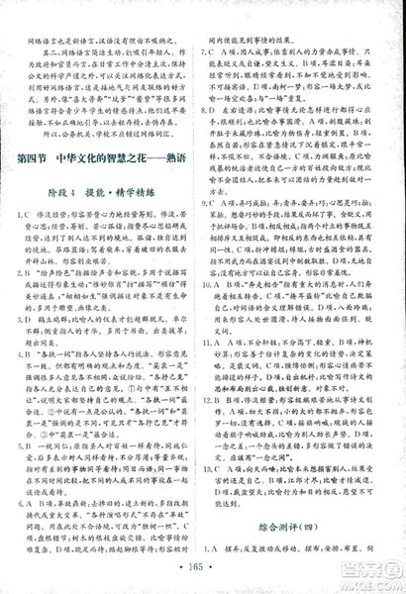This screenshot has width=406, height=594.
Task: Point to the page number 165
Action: (x=203, y=569)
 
